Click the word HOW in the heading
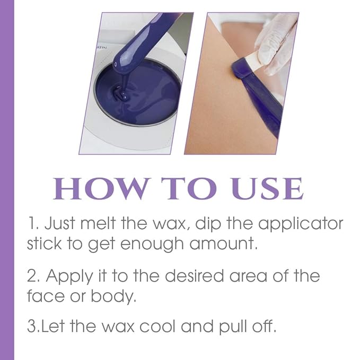[x=95, y=189]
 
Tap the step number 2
[x=31, y=276]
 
